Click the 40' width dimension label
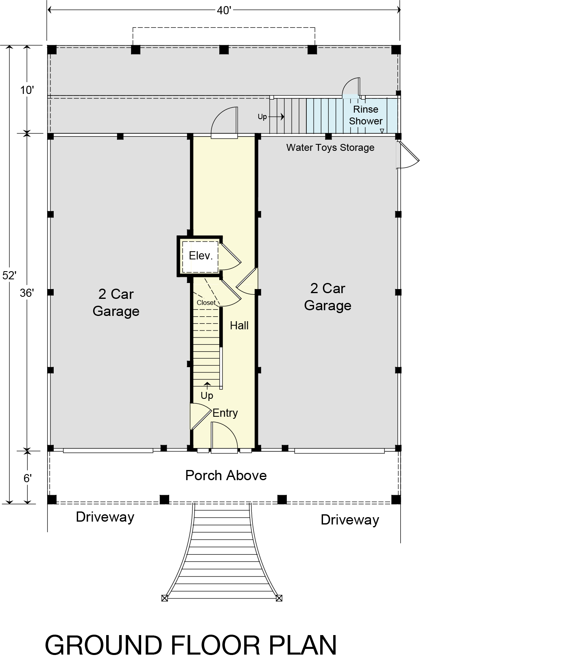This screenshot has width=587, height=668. click(x=224, y=10)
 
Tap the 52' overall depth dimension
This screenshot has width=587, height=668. click(x=9, y=275)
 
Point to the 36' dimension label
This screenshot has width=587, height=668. click(x=27, y=293)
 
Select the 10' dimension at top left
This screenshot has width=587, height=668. click(x=27, y=90)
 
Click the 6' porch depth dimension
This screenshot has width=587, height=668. click(x=27, y=478)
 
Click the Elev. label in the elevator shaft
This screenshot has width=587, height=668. click(x=201, y=256)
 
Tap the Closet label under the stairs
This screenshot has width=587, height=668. click(x=206, y=302)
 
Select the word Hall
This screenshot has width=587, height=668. click(x=239, y=325)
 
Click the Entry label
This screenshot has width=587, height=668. click(x=225, y=413)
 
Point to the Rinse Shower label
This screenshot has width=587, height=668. click(x=366, y=115)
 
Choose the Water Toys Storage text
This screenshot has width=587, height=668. click(x=330, y=147)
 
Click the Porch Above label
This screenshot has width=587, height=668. click(x=226, y=475)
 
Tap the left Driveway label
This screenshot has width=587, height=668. click(x=105, y=517)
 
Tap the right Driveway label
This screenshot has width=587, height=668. click(x=350, y=520)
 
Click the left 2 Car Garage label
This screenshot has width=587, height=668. click(x=116, y=302)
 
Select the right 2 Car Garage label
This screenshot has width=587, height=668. click(x=328, y=297)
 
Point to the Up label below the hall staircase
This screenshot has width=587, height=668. click(x=207, y=396)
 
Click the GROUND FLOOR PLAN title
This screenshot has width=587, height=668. click(x=191, y=645)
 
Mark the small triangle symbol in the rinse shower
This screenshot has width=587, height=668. click(x=382, y=131)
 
